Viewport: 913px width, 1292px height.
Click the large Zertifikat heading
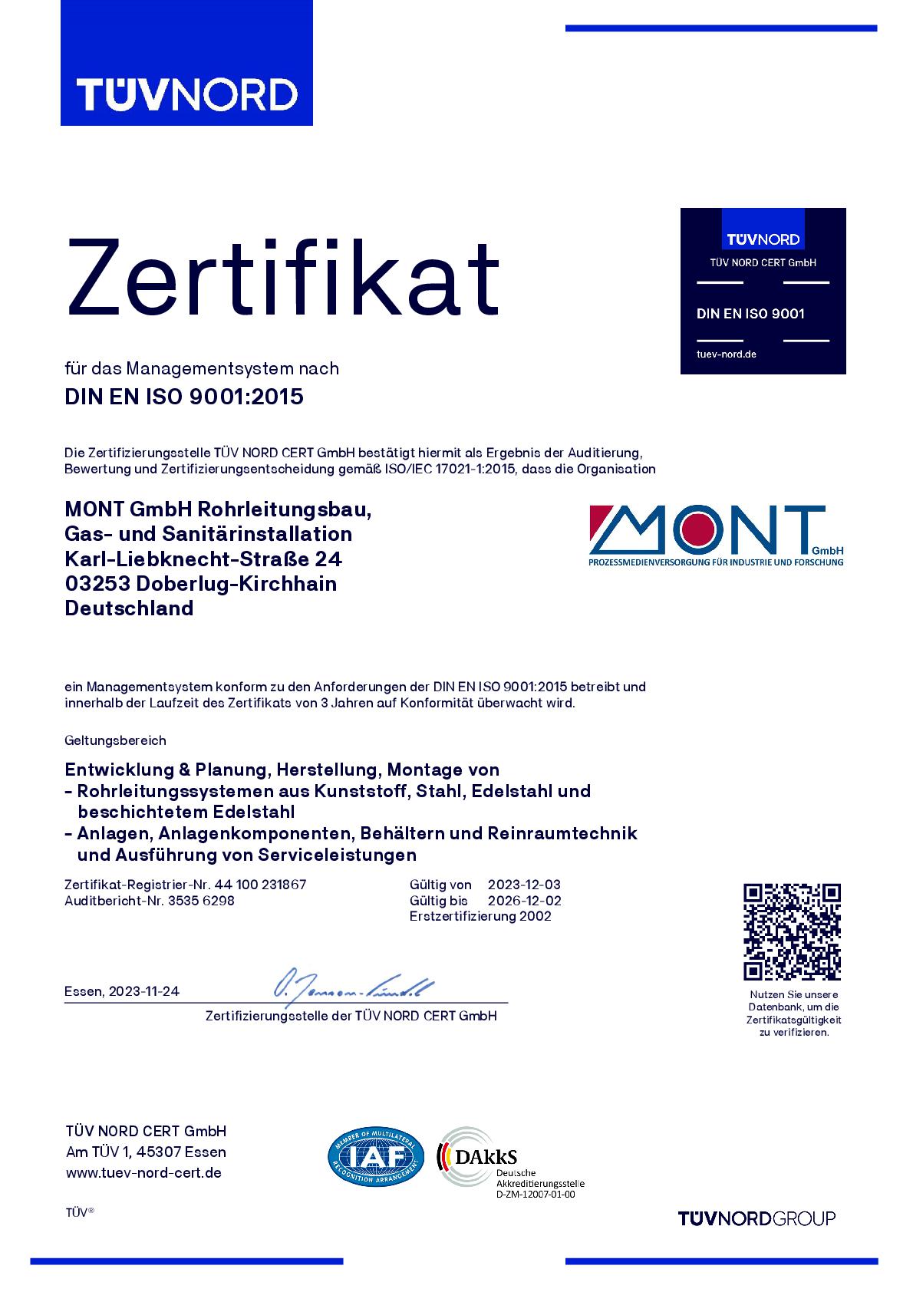[x=283, y=276]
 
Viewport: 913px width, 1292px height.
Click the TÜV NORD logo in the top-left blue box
[x=186, y=94]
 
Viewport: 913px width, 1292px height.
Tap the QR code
[x=793, y=931]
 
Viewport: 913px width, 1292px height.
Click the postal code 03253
[x=97, y=583]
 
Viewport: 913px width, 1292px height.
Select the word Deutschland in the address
[x=129, y=608]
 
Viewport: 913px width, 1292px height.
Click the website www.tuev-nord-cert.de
[x=143, y=1172]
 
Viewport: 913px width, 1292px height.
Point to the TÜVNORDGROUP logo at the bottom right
[x=756, y=1218]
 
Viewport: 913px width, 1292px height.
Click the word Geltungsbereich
[x=115, y=740]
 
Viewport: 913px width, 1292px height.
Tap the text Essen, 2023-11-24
[x=122, y=990]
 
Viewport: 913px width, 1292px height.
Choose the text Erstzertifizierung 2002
[x=480, y=916]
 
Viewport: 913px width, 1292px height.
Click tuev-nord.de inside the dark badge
[x=726, y=354]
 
